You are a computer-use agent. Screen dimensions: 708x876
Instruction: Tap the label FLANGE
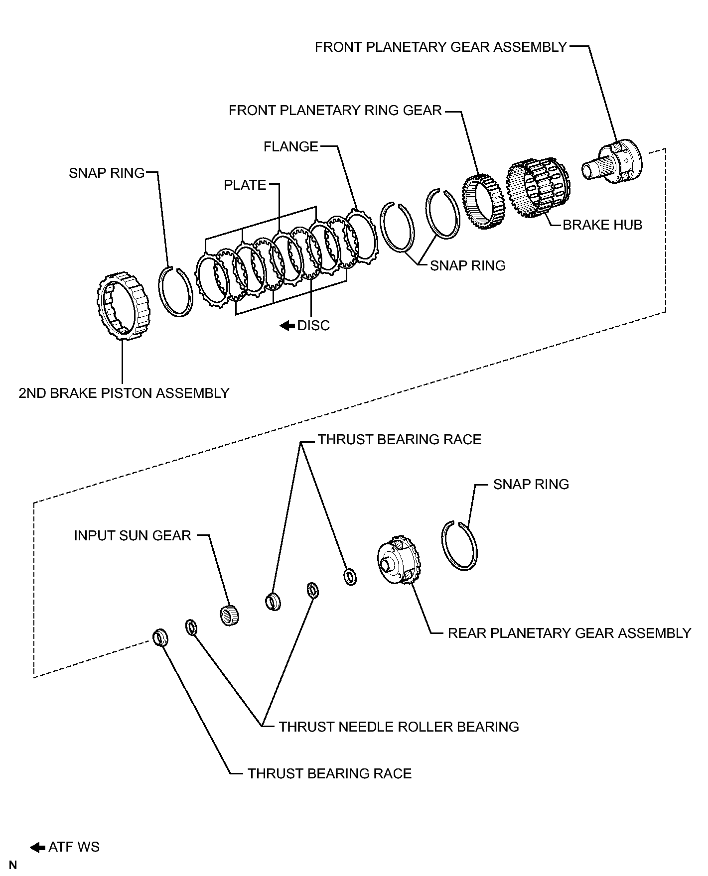(290, 147)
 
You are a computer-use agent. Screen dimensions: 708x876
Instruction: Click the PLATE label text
(245, 185)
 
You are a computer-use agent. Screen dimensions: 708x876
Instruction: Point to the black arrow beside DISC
(287, 326)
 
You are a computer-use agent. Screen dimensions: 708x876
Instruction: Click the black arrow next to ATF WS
(38, 847)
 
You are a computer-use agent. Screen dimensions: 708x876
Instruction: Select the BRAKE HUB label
(602, 225)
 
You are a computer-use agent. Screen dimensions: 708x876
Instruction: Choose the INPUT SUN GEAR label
(133, 536)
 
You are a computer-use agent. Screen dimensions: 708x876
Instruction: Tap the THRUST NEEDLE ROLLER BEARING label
(399, 727)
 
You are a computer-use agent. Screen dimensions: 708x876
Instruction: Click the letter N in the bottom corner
(13, 865)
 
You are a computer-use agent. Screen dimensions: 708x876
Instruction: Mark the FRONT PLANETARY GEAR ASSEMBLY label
(441, 47)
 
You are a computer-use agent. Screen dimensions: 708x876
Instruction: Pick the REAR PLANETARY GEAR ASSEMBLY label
(569, 633)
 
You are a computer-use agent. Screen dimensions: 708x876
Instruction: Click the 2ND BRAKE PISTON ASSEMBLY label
(124, 393)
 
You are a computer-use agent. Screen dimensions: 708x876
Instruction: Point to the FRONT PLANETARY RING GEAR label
(335, 111)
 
